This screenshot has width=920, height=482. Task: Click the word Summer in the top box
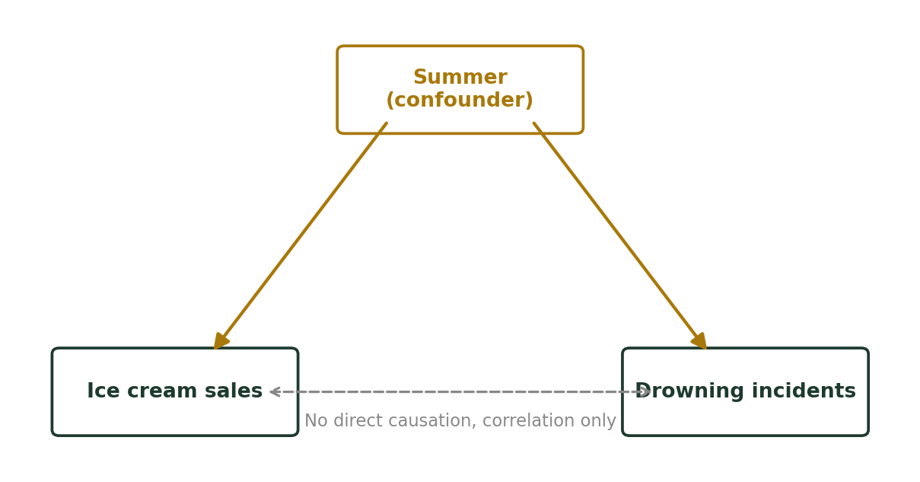[x=460, y=77]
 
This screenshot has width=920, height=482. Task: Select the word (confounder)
[x=460, y=100]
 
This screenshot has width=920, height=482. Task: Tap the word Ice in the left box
[x=103, y=391]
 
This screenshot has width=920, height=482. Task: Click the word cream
[x=162, y=391]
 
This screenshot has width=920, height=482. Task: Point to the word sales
[x=234, y=391]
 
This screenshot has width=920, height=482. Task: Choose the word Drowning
[x=689, y=391]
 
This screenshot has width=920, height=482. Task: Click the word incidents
[x=804, y=391]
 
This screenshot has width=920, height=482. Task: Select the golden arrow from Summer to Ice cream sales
[x=301, y=236]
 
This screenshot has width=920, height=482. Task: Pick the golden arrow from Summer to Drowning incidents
[x=620, y=236]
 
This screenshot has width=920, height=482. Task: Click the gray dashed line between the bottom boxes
[x=460, y=392]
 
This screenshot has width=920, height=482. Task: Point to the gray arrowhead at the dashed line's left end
[x=275, y=392]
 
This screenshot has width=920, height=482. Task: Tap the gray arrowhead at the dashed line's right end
[x=645, y=392]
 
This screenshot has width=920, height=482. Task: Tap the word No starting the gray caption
[x=316, y=421]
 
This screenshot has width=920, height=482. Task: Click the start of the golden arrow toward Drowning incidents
[x=534, y=123]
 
